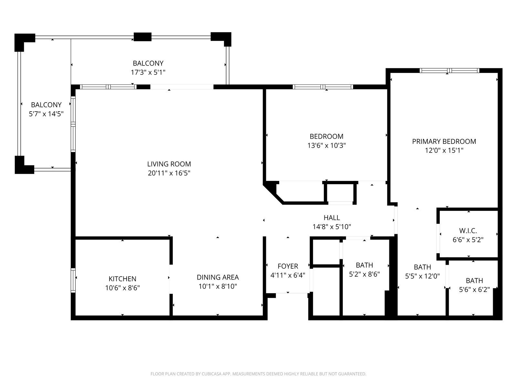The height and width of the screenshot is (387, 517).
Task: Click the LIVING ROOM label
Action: pyautogui.click(x=169, y=164)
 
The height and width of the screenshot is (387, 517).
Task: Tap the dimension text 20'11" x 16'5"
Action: pyautogui.click(x=169, y=173)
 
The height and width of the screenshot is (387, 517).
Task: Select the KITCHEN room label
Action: pyautogui.click(x=122, y=279)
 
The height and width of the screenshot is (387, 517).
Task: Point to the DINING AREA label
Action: pyautogui.click(x=218, y=277)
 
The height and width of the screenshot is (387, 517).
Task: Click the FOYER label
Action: pyautogui.click(x=288, y=266)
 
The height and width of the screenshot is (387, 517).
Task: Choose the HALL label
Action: pyautogui.click(x=332, y=218)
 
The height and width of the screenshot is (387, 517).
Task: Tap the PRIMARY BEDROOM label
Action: pyautogui.click(x=444, y=142)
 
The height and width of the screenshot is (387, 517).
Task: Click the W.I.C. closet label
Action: pyautogui.click(x=468, y=231)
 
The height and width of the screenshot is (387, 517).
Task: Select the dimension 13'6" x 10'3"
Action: pyautogui.click(x=326, y=146)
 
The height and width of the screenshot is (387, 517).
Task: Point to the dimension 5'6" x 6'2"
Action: pyautogui.click(x=474, y=290)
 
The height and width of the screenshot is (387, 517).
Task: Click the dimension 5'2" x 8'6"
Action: pyautogui.click(x=364, y=274)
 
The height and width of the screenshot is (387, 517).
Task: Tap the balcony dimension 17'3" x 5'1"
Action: pyautogui.click(x=148, y=72)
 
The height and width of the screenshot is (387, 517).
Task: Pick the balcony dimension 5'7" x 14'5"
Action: pyautogui.click(x=46, y=114)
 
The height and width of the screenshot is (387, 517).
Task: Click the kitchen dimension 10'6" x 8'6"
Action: pyautogui.click(x=122, y=288)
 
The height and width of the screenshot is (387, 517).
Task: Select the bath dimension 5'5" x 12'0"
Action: pyautogui.click(x=422, y=276)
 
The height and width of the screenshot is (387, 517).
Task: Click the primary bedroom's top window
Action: pyautogui.click(x=449, y=70)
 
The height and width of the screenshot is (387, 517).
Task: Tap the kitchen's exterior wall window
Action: pyautogui.click(x=73, y=281)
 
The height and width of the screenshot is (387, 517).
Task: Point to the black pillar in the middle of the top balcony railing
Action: pyautogui.click(x=142, y=37)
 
